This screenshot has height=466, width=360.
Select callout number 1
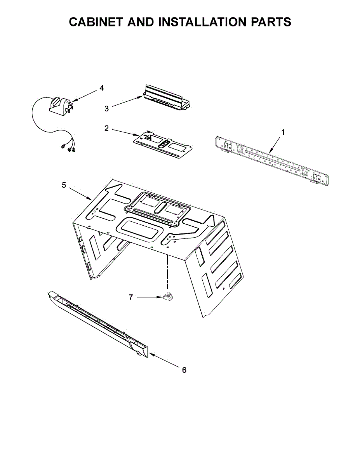pyautogui.click(x=283, y=132)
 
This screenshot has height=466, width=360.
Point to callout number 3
pyautogui.click(x=106, y=109)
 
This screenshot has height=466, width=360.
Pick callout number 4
pyautogui.click(x=101, y=88)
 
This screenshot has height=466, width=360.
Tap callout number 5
pyautogui.click(x=64, y=185)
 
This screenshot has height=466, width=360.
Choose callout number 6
pyautogui.click(x=184, y=370)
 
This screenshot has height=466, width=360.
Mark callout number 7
pyautogui.click(x=131, y=297)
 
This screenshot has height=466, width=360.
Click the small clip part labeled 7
pyautogui.click(x=168, y=297)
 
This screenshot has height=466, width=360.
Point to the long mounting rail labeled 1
pyautogui.click(x=272, y=160)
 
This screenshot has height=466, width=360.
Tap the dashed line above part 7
pyautogui.click(x=168, y=272)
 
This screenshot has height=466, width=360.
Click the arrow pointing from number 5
pyautogui.click(x=81, y=193)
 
